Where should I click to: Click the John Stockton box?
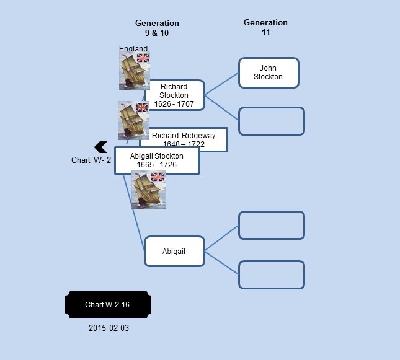269,72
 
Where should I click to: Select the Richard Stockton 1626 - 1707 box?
176,95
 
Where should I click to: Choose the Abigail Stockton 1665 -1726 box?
157,160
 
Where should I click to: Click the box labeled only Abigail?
174,252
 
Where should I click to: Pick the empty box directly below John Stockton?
272,121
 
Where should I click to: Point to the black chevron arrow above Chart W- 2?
100,147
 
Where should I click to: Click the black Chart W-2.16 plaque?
108,304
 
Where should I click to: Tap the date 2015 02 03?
109,328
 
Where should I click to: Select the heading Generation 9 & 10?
157,28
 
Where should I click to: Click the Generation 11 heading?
265,27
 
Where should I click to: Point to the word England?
133,48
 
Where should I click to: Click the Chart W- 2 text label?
91,160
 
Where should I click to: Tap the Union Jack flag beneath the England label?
143,58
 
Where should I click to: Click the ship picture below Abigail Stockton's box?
148,190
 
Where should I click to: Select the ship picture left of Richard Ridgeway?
133,120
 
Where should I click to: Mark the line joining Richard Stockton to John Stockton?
221,84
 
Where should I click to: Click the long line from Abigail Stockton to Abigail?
134,212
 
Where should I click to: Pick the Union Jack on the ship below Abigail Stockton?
158,177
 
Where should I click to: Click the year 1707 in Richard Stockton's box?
185,103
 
